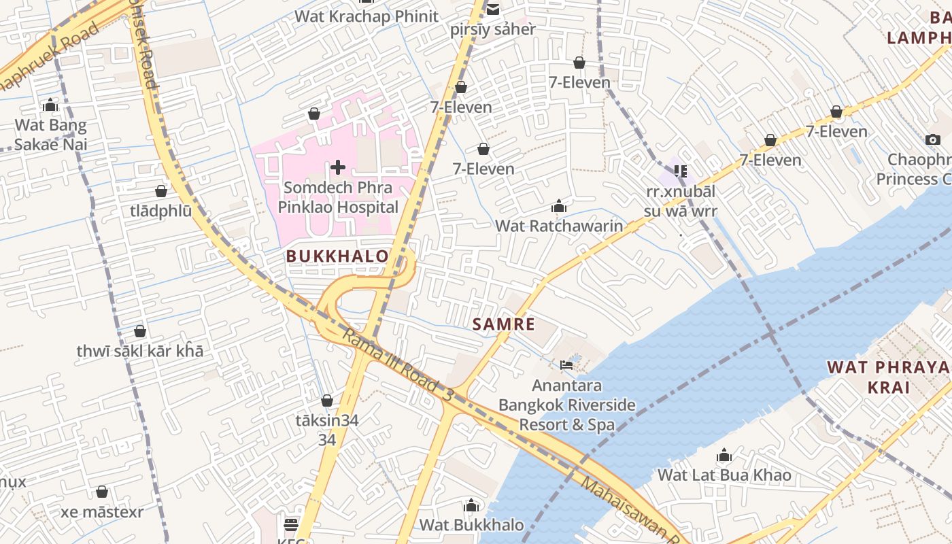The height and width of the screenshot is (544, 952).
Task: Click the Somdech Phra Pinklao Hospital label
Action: (x=338, y=197)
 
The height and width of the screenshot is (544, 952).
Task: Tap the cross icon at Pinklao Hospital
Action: (x=338, y=167)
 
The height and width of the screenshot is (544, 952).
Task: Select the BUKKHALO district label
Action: (x=337, y=256)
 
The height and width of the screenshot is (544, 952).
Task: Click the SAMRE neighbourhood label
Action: (x=504, y=324)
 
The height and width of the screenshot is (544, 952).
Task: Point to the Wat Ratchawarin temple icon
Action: (x=559, y=206)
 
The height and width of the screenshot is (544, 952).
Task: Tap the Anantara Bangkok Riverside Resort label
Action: (x=567, y=405)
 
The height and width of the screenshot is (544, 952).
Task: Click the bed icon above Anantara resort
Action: (x=566, y=365)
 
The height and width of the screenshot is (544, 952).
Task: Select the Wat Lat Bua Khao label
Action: (x=724, y=475)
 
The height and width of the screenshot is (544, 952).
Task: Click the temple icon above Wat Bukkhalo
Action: (x=471, y=505)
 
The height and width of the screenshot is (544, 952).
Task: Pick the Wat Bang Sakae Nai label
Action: (x=51, y=135)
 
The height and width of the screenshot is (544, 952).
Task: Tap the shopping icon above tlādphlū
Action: (x=161, y=191)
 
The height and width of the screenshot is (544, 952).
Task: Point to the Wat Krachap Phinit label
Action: (x=367, y=16)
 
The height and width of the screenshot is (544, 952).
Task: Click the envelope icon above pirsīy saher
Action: (x=493, y=10)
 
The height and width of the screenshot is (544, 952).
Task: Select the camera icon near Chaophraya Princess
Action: (x=933, y=140)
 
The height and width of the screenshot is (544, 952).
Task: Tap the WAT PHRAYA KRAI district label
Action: (x=887, y=377)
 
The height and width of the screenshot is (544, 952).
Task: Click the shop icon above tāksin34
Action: (x=327, y=401)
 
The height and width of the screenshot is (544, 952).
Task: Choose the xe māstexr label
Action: (x=102, y=512)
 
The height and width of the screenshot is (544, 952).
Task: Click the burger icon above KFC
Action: (x=291, y=524)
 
